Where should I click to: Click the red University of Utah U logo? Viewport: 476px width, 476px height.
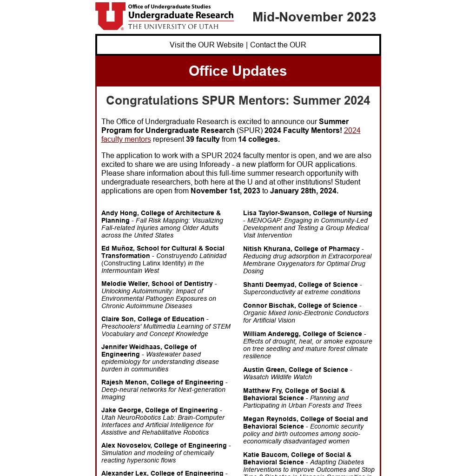[110, 16]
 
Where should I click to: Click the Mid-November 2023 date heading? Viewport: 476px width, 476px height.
[314, 17]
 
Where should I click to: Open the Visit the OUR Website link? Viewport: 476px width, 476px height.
[206, 45]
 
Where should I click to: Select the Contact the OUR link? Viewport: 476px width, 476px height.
[278, 45]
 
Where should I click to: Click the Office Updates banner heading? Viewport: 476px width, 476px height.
[238, 71]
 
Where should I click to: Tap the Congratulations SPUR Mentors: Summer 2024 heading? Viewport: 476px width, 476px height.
[238, 100]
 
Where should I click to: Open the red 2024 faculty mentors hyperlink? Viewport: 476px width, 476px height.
[352, 131]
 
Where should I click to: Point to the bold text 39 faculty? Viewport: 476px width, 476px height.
[203, 139]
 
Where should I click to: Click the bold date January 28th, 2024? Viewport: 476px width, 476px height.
[304, 191]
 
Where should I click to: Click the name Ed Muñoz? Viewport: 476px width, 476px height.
[116, 249]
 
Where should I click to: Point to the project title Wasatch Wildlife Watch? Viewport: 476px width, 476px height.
[278, 377]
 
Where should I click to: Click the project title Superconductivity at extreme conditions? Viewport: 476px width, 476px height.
[302, 292]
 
